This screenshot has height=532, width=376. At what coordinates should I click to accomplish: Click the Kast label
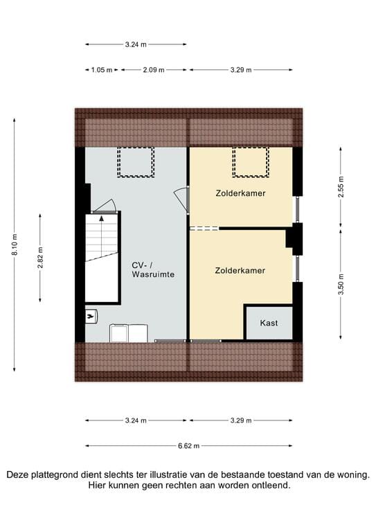coord(269,323)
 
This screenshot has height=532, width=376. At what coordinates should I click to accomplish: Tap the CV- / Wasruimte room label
coord(153,269)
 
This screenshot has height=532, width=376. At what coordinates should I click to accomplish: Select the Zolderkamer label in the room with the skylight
coord(240,193)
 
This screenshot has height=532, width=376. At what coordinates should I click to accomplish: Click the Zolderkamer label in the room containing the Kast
coord(240,270)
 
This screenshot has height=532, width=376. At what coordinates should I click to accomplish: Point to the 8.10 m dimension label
coord(15,245)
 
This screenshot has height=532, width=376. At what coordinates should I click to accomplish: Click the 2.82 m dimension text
coord(40,257)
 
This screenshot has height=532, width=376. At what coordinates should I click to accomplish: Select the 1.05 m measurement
coord(101,70)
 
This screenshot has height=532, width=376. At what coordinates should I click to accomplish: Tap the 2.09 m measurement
coord(153,70)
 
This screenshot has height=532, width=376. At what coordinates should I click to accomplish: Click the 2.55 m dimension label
coord(341,187)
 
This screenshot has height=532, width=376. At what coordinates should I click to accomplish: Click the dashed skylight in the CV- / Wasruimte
coord(135,162)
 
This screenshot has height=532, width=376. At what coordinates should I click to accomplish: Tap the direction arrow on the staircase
coord(102,220)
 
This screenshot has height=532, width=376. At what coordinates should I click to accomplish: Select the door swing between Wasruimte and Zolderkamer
coord(181,197)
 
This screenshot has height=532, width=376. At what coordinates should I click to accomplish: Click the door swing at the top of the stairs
coord(103,206)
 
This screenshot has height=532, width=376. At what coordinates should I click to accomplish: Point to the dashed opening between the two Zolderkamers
coord(204,228)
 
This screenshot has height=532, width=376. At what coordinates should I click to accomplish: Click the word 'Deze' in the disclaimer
coord(19,475)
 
